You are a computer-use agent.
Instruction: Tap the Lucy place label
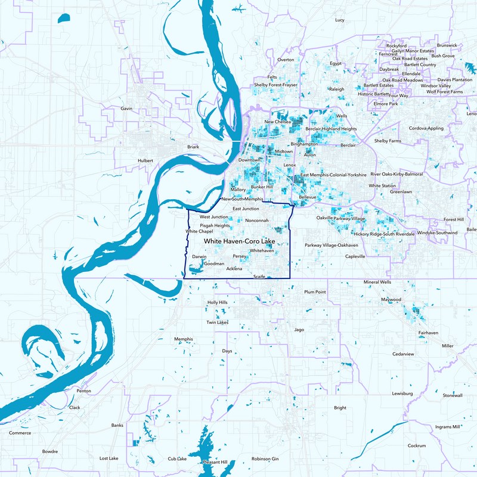pyautogui.click(x=340, y=20)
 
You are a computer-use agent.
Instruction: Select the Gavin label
pyautogui.click(x=126, y=109)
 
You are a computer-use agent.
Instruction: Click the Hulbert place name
pyautogui.click(x=145, y=161)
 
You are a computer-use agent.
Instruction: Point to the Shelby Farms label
pyautogui.click(x=388, y=141)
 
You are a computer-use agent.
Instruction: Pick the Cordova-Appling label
pyautogui.click(x=426, y=128)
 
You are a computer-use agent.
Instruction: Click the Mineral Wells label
pyautogui.click(x=378, y=282)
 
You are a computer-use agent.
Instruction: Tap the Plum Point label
pyautogui.click(x=315, y=292)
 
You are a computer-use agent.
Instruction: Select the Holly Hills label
pyautogui.click(x=217, y=303)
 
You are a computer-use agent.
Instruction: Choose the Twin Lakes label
pyautogui.click(x=218, y=323)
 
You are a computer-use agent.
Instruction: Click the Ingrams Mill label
pyautogui.click(x=448, y=427)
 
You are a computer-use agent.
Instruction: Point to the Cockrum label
pyautogui.click(x=417, y=445)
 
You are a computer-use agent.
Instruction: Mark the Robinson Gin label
pyautogui.click(x=265, y=459)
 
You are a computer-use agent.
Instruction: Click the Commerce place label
pyautogui.click(x=20, y=433)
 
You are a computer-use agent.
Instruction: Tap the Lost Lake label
pyautogui.click(x=109, y=459)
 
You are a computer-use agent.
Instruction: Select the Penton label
pyautogui.click(x=83, y=391)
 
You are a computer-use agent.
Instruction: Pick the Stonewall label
pyautogui.click(x=453, y=395)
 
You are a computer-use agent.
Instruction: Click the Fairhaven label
pyautogui.click(x=428, y=332)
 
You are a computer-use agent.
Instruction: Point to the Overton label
pyautogui.click(x=286, y=60)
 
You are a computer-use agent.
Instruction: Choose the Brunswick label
pyautogui.click(x=447, y=45)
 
